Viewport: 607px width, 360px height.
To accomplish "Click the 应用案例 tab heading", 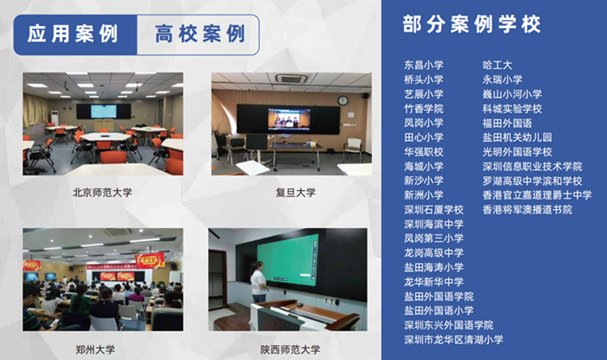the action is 72,34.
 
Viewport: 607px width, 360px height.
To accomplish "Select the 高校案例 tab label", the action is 200,34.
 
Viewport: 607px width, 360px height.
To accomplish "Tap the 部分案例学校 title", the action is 471,24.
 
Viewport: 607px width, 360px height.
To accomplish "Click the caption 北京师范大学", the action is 103,193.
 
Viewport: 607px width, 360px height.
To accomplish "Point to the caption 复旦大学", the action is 295,193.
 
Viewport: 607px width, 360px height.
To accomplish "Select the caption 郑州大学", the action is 96,349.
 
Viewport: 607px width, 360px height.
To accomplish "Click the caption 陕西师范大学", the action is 291,349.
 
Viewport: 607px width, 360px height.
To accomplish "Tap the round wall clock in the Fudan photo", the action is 342,100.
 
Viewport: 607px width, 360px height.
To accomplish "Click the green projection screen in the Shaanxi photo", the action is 288,259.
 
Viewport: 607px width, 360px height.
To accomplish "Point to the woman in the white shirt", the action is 258,282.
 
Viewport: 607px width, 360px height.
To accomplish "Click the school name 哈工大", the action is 497,65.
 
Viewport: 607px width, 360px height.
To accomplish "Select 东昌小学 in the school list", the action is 423,65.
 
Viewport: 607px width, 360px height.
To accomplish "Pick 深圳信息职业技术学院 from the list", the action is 533,167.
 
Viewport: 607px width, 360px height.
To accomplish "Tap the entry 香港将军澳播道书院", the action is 527,210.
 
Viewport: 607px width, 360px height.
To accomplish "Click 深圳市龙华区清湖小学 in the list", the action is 454,340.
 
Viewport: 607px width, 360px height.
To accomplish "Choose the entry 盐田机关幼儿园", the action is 517,138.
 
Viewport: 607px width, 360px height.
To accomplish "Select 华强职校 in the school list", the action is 423,152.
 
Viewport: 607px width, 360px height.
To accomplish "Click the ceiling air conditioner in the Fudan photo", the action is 291,78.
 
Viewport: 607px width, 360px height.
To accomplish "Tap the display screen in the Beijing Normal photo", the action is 104,112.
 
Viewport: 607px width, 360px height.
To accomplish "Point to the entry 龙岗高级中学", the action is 434,253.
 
